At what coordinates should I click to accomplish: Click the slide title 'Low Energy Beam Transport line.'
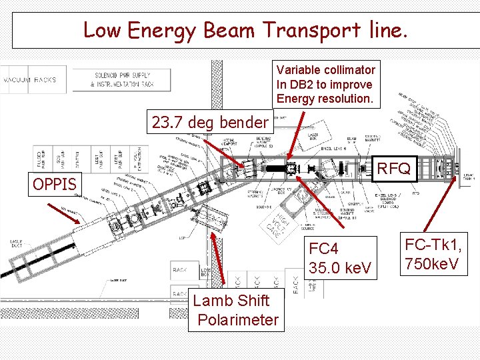click(x=245, y=30)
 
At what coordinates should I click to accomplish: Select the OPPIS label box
click(x=55, y=183)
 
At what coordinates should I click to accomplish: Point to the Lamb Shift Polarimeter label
click(x=235, y=310)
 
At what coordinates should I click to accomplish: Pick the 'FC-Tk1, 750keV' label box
click(x=432, y=254)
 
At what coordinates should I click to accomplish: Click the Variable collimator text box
click(x=327, y=85)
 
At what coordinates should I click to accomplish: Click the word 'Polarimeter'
click(x=238, y=320)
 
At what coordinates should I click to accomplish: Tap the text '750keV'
click(x=432, y=264)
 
